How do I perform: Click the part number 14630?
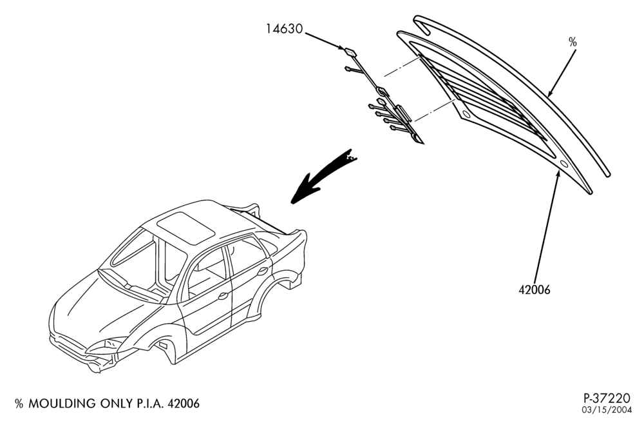point(284,29)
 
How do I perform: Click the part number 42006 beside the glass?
point(534,290)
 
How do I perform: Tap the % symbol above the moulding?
point(573,42)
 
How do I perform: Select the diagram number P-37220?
point(607,398)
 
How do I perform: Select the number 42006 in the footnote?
point(184,404)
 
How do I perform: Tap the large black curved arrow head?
point(303,190)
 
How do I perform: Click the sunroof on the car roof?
point(186,228)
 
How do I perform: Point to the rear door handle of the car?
point(262,271)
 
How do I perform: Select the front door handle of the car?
point(223,295)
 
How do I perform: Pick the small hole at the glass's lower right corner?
point(564,164)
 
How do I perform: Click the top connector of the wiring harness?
point(350,52)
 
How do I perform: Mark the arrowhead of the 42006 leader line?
point(558,173)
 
